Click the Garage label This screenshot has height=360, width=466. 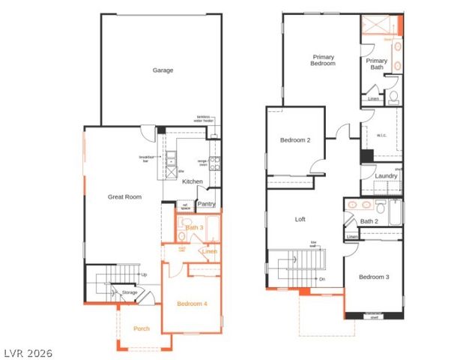click(x=163, y=70)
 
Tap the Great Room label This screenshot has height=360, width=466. click(x=124, y=197)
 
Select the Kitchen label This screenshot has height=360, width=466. click(x=193, y=181)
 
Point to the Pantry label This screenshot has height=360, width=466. click(x=206, y=203)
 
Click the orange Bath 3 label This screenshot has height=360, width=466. click(x=195, y=227)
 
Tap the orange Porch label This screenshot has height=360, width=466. click(x=142, y=328)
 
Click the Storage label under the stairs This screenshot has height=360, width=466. click(x=130, y=292)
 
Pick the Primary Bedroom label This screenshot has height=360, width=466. click(x=324, y=60)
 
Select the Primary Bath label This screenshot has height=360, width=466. click(x=377, y=64)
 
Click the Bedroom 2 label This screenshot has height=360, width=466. click(x=295, y=140)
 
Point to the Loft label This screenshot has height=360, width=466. click(x=300, y=220)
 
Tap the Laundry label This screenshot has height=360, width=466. click(x=386, y=176)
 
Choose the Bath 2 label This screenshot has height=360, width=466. click(x=368, y=221)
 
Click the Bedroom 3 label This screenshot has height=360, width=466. click(x=373, y=277)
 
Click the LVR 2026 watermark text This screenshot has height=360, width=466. click(x=28, y=351)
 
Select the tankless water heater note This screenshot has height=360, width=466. click(x=204, y=118)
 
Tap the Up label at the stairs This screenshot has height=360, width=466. click(x=144, y=274)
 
